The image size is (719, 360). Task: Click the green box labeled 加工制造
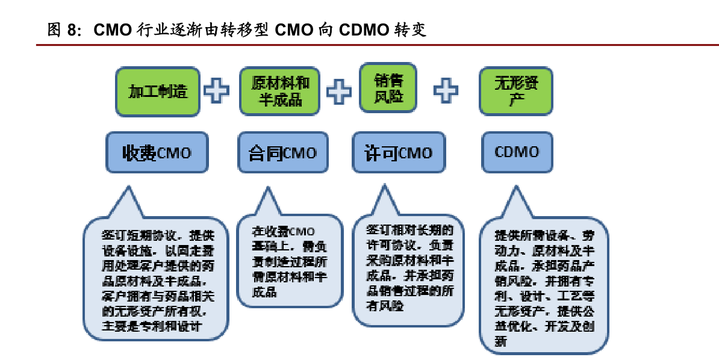[158, 91]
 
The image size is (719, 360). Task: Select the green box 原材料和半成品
[280, 91]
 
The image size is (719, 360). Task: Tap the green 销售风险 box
[388, 88]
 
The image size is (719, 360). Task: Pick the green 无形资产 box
[515, 91]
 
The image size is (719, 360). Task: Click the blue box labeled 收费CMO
[157, 153]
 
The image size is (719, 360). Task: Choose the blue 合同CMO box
[282, 153]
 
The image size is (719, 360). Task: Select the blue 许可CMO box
[399, 153]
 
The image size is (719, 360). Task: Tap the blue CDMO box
[517, 152]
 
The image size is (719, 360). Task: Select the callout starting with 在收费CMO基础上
[290, 262]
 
